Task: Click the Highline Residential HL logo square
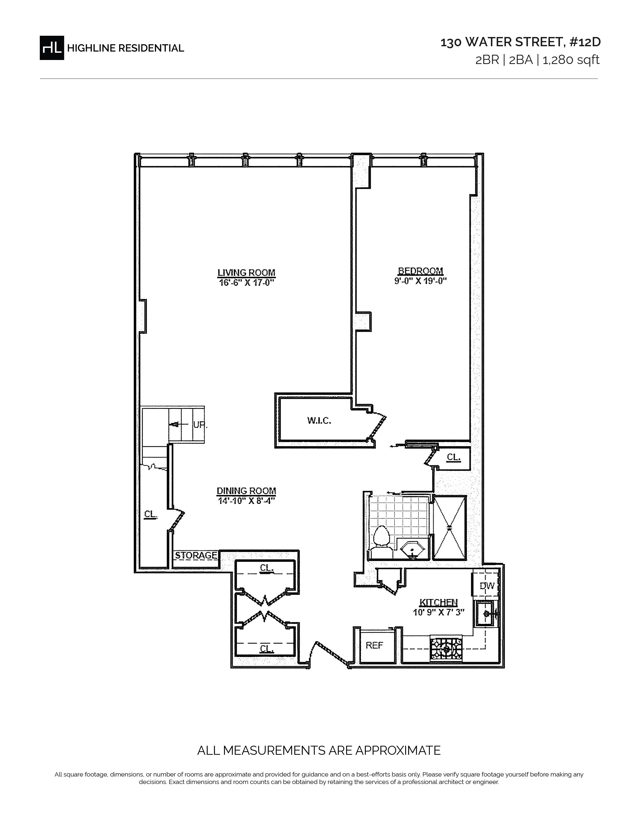[x=52, y=47]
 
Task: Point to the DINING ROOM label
[x=246, y=491]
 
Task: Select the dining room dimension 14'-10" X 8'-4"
[x=246, y=501]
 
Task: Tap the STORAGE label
[x=196, y=555]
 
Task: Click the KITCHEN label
[x=438, y=602]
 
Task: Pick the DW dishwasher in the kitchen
[x=487, y=586]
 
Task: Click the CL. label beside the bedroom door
[x=454, y=457]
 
